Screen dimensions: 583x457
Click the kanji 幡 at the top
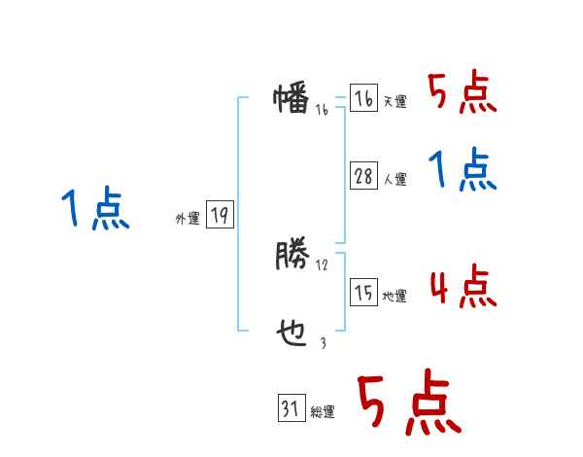tap(291, 99)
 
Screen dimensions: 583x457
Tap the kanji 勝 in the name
tap(291, 256)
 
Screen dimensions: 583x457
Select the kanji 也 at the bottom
tap(291, 334)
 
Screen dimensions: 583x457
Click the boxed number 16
tap(363, 99)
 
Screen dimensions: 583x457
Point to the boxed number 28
tap(363, 176)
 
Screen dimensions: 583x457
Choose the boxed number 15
tap(363, 294)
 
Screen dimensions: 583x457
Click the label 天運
tap(394, 102)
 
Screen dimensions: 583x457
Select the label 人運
tap(394, 179)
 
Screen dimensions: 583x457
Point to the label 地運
tap(394, 297)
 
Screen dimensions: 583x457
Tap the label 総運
tap(322, 413)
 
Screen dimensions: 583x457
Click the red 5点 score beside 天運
tap(462, 94)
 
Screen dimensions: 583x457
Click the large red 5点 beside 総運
tap(407, 404)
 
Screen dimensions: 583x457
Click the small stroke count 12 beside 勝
tap(322, 264)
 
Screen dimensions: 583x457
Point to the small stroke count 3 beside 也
tap(323, 343)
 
